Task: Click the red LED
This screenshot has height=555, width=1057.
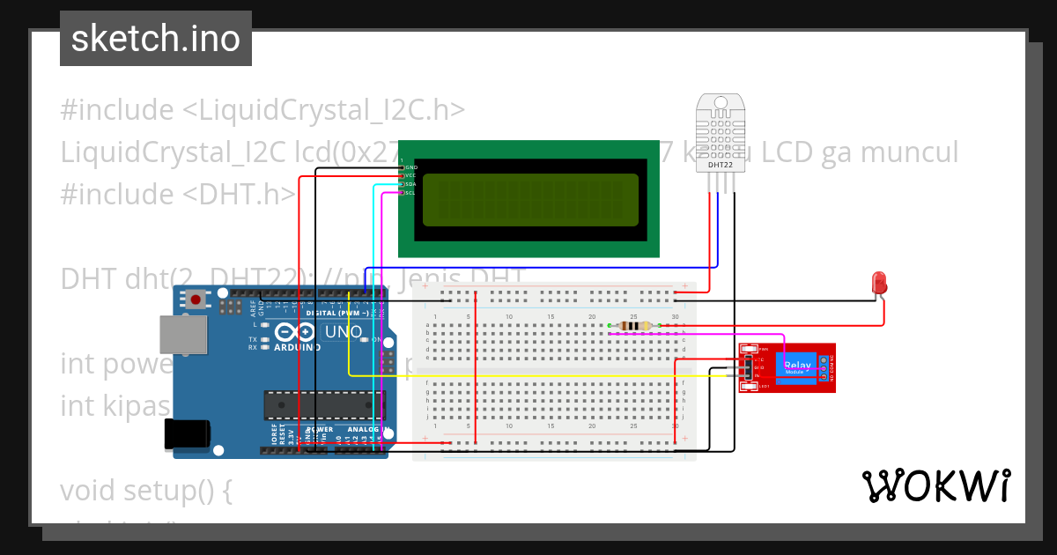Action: tap(878, 283)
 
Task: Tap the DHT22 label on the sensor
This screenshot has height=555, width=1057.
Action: tap(720, 165)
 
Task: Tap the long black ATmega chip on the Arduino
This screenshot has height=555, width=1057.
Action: tap(323, 404)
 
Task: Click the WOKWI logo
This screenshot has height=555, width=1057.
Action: tap(935, 485)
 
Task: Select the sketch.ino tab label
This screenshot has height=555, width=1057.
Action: tap(156, 39)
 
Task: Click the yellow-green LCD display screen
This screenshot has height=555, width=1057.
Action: tap(530, 199)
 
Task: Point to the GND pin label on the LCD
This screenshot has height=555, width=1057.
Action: tap(410, 166)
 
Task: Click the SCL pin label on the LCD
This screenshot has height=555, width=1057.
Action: tap(410, 193)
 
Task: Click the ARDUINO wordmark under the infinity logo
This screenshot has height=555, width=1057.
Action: tap(297, 347)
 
